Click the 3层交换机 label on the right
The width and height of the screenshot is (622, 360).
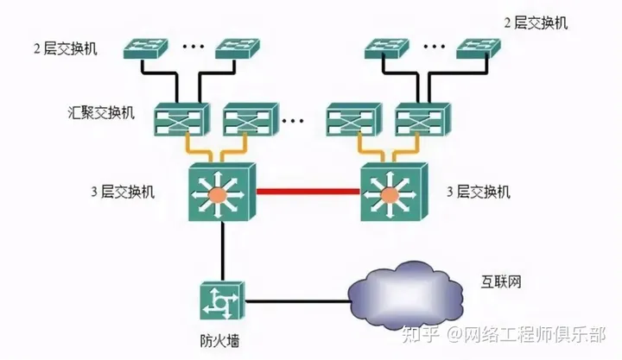(x=479, y=192)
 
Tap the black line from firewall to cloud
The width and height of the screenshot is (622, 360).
(x=294, y=302)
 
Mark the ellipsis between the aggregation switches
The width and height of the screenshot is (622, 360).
(x=297, y=119)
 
